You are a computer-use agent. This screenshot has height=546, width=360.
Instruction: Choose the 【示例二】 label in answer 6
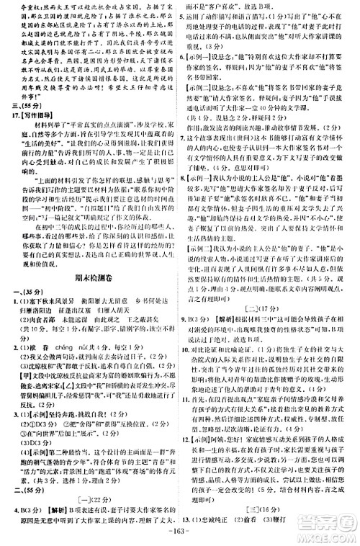point(205,81)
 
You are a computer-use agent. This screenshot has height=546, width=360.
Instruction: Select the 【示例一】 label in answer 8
point(205,175)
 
